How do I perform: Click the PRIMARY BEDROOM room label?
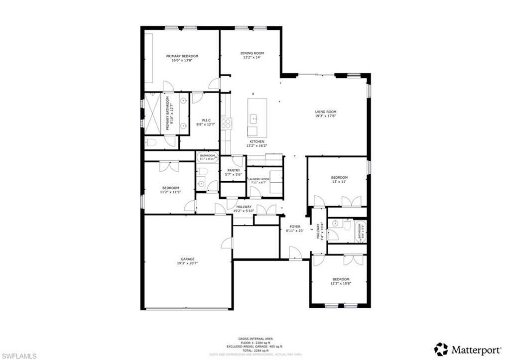(182, 56)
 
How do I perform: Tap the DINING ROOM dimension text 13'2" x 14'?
(252, 58)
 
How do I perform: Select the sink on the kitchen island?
(254, 119)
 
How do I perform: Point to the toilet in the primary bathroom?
(152, 143)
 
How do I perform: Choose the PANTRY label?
(234, 170)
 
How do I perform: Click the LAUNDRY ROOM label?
(259, 179)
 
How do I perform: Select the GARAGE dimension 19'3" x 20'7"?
(187, 264)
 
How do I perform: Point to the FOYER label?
(295, 227)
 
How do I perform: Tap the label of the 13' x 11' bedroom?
(339, 178)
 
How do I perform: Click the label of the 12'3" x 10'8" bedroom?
(341, 279)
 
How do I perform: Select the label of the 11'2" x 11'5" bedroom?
(170, 188)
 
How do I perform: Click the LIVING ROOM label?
(326, 112)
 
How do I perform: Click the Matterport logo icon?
(441, 349)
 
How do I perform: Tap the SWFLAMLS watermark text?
(18, 355)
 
